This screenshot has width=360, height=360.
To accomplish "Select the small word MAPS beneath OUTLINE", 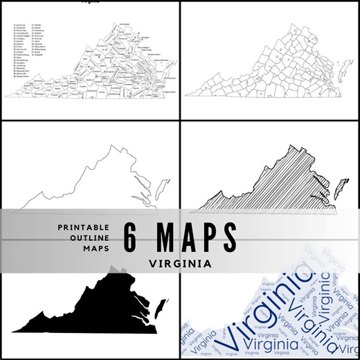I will pos(96,249).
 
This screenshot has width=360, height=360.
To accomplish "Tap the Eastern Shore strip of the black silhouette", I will pos(161,305).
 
